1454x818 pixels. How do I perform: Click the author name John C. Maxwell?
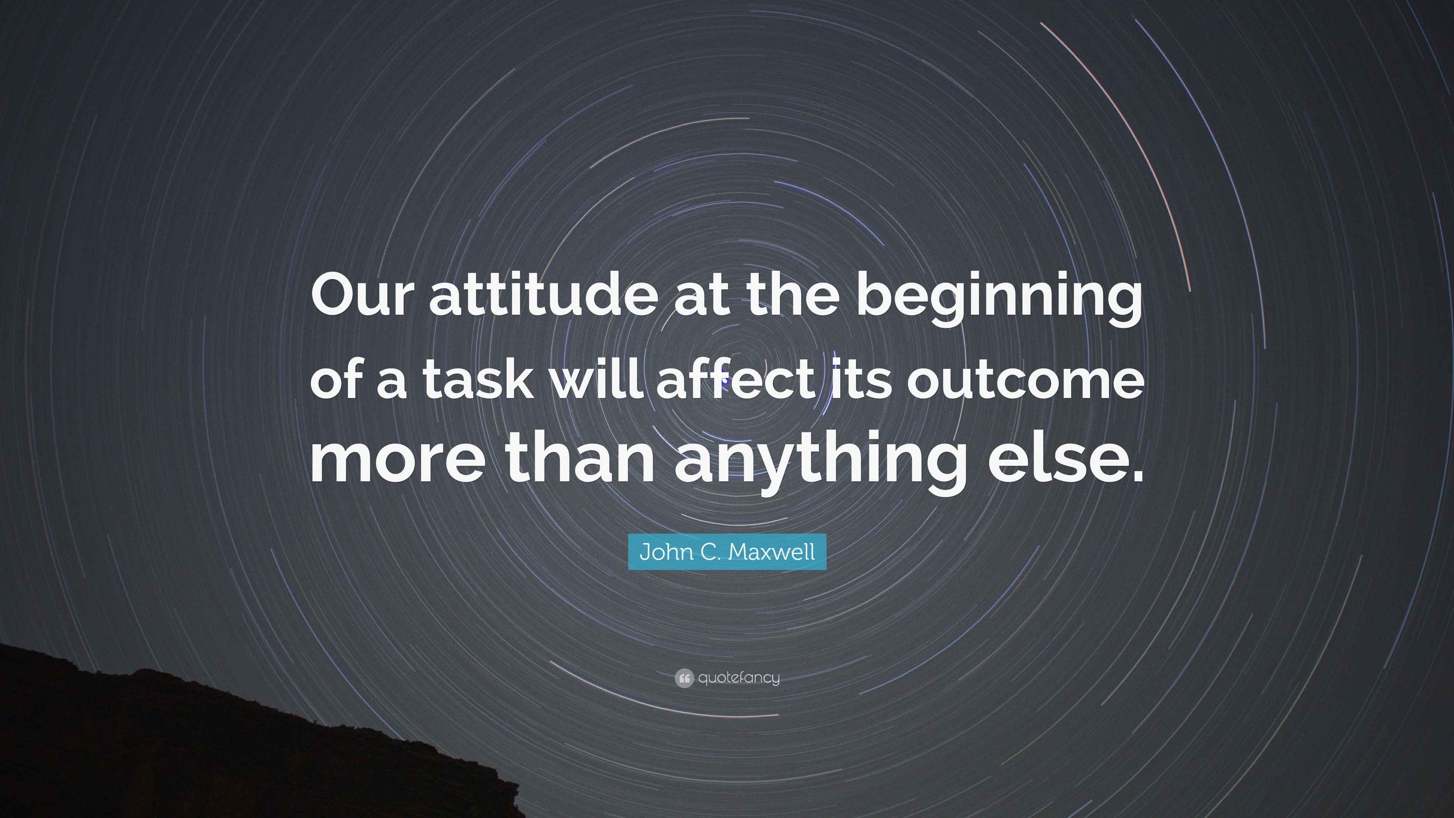coord(727,551)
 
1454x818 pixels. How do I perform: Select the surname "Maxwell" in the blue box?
coord(772,551)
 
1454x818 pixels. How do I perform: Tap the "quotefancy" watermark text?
coord(739,678)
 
